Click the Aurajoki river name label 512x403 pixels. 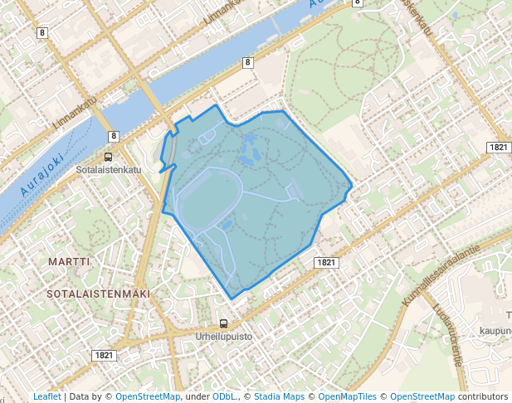pos(39,181)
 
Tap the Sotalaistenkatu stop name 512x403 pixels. pos(108,169)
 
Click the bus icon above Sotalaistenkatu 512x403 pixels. pos(108,157)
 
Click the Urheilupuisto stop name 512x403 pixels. pos(223,337)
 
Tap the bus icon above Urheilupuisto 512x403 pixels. pos(223,324)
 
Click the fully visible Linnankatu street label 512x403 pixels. pos(75,111)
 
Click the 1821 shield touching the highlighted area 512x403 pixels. pos(326,262)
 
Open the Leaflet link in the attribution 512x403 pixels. pos(46,396)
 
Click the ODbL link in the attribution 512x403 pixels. pos(224,396)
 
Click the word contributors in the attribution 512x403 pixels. pos(482,396)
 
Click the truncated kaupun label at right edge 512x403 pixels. pos(495,330)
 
